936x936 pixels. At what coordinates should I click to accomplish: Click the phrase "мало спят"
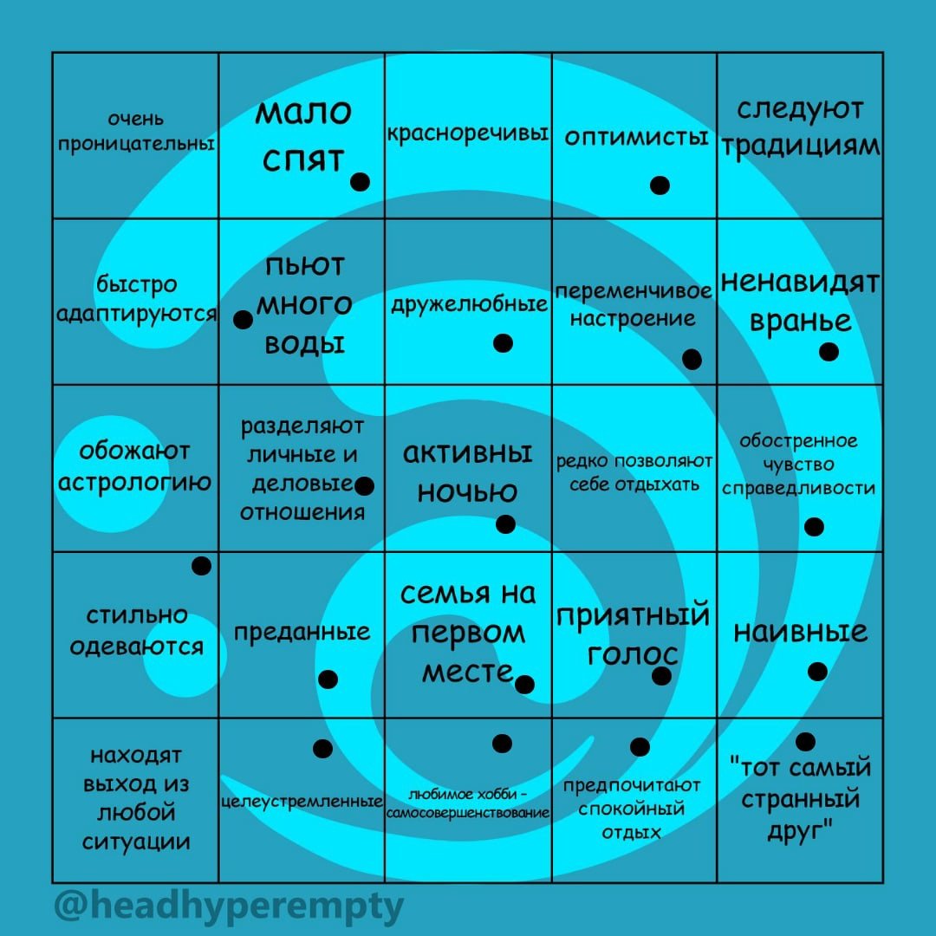point(302,135)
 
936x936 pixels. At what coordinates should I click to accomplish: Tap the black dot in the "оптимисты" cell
point(660,185)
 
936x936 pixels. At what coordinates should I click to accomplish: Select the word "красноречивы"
point(467,134)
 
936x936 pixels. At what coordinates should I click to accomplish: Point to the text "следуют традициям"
point(800,128)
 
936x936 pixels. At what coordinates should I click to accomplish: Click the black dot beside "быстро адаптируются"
point(244,320)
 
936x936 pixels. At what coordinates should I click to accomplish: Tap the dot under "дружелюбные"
point(503,343)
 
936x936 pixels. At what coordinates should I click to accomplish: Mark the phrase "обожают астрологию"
point(134,466)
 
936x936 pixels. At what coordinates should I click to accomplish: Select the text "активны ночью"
point(468,472)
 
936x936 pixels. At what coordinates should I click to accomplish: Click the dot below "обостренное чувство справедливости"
point(814,526)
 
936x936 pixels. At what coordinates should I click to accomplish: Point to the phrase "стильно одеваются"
point(137,631)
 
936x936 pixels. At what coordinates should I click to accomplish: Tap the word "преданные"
point(302,632)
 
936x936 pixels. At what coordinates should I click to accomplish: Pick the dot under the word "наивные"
point(817,672)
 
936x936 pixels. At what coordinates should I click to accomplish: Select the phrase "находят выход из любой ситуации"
point(136,798)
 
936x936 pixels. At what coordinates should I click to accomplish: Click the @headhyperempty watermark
point(229,907)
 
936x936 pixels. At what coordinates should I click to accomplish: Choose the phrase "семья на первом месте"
point(468,633)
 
